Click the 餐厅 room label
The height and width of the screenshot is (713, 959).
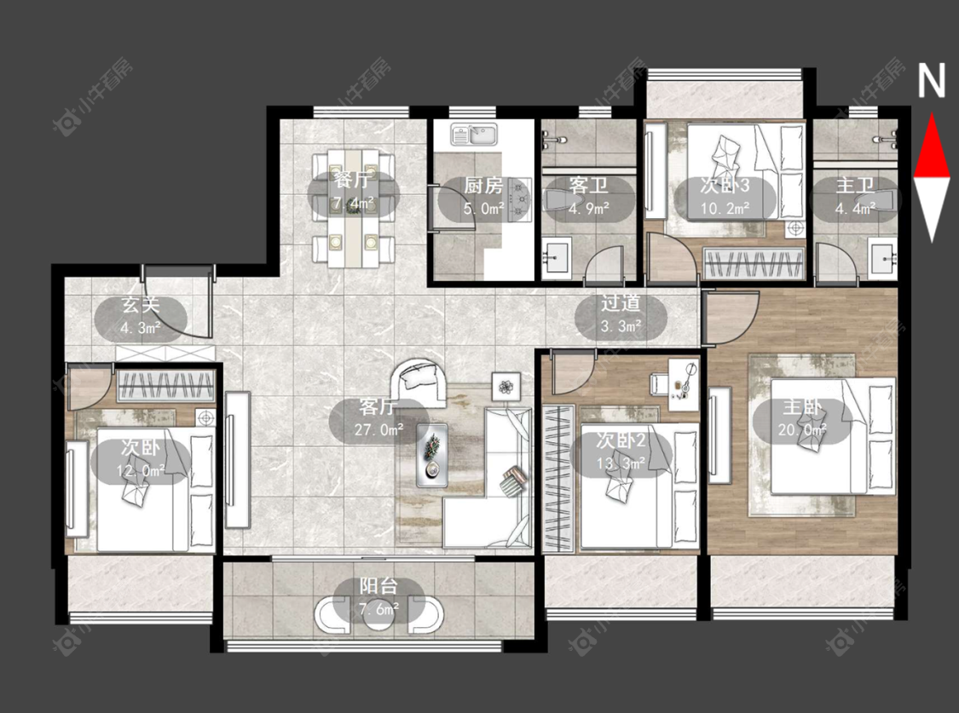click(354, 181)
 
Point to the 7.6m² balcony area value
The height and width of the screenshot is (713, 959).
click(378, 608)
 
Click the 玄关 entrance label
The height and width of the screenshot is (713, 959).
click(140, 304)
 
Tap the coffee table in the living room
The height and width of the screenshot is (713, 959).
click(432, 455)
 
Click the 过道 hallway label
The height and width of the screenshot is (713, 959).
click(621, 303)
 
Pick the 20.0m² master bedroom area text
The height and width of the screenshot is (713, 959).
click(802, 430)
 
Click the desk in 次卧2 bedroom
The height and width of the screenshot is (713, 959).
click(683, 385)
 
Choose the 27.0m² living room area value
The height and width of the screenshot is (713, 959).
click(378, 429)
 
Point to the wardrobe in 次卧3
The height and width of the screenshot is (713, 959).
click(754, 264)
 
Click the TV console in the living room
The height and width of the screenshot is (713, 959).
click(237, 459)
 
